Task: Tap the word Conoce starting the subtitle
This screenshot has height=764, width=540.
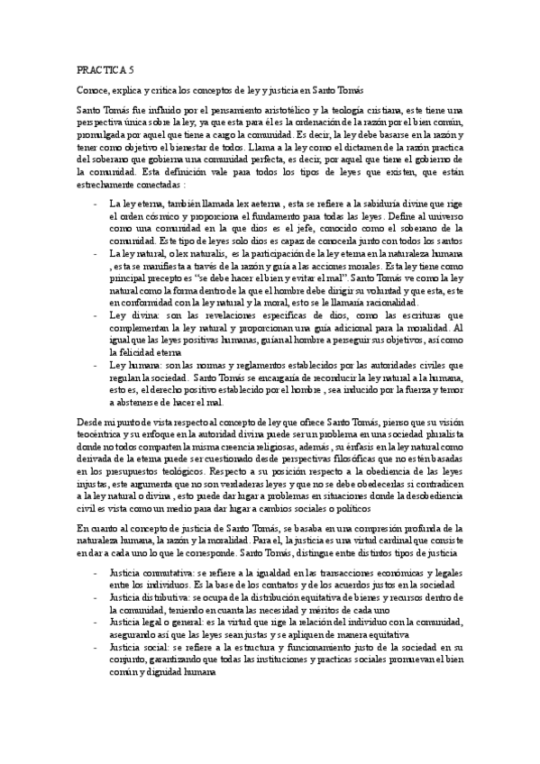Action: (x=93, y=92)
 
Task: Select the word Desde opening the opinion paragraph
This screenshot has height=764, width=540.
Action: (x=89, y=421)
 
